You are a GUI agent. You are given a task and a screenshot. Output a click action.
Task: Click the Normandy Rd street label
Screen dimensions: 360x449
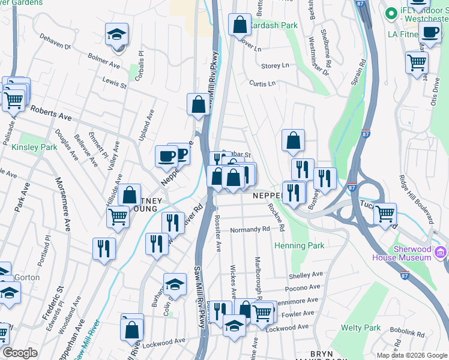250,229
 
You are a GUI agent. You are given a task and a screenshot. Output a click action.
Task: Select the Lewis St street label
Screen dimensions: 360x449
114,82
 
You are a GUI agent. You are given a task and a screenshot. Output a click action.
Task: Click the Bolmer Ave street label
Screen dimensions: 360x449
104,61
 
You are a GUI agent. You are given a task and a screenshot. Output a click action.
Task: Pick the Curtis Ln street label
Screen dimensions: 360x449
262,83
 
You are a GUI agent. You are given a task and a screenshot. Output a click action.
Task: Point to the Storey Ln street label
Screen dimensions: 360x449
275,65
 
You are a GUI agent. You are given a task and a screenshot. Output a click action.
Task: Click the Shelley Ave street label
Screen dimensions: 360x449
306,275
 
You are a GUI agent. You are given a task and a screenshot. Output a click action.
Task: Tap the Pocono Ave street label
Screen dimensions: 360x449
305,288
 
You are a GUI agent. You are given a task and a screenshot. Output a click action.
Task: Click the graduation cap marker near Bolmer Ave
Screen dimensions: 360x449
116,35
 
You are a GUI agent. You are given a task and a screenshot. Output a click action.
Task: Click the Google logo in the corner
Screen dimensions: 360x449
20,353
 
